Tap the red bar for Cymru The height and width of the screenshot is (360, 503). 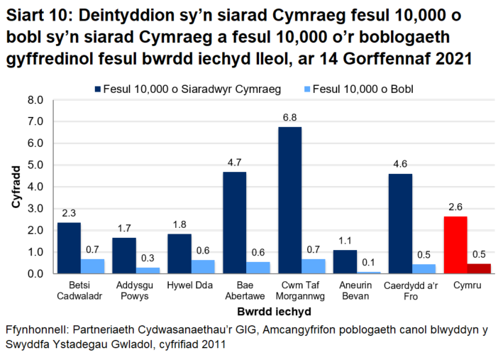point(455,245)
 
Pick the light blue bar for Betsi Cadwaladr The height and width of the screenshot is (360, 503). point(93,266)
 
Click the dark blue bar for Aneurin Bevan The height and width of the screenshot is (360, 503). point(345,262)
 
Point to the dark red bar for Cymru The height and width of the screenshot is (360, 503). point(479,268)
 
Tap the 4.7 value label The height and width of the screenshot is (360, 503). point(235,163)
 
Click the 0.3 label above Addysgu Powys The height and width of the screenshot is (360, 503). point(148,258)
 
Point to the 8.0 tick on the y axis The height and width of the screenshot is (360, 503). point(37,100)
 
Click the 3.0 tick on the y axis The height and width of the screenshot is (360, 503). point(37,209)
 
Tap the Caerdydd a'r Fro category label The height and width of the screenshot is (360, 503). point(400,290)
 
